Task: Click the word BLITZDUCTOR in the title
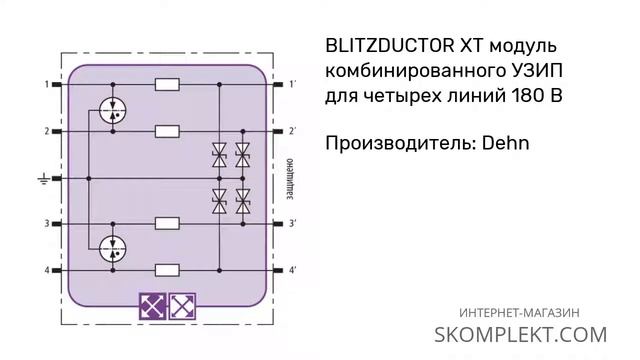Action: tap(389, 46)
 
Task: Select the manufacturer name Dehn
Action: tap(500, 144)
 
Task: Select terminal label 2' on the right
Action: tap(292, 131)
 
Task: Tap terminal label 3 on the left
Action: tap(46, 224)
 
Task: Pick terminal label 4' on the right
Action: tap(292, 270)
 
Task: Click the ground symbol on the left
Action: tap(43, 179)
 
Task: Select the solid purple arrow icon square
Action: tap(152, 305)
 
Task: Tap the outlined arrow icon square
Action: tap(182, 305)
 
